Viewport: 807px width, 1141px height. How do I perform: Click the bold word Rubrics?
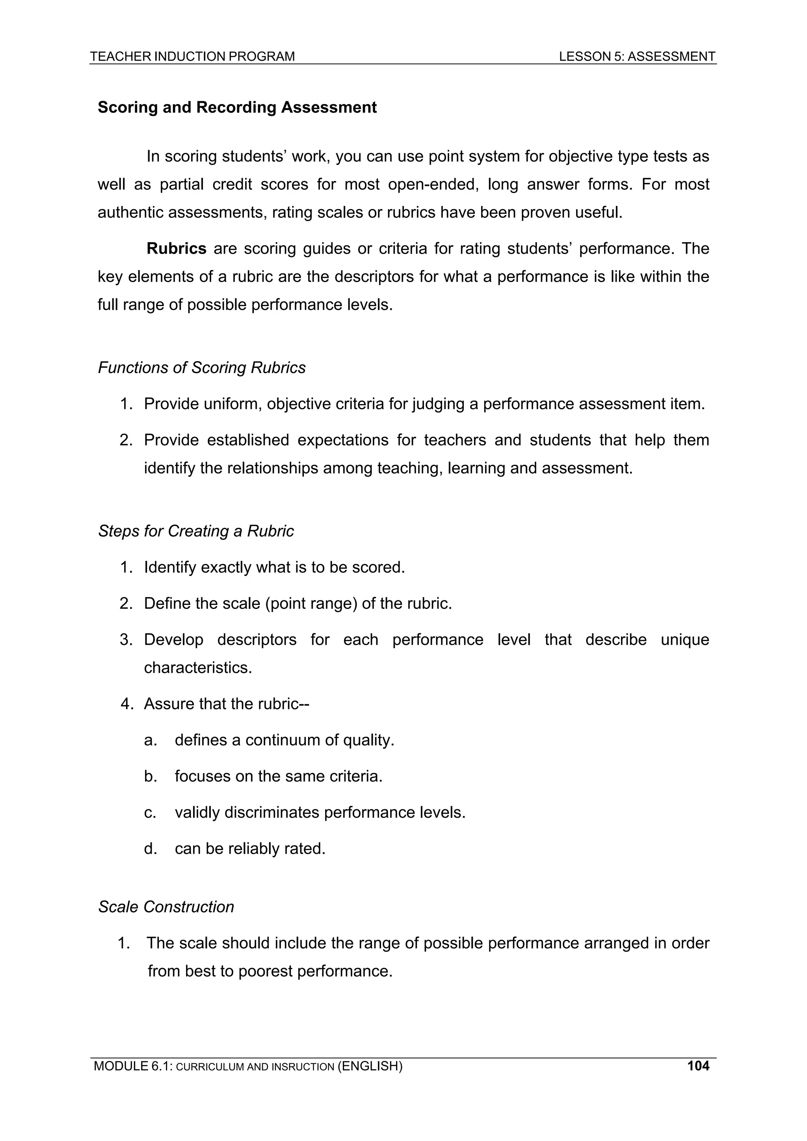tap(177, 249)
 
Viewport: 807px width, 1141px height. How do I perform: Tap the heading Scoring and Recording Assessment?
tap(237, 108)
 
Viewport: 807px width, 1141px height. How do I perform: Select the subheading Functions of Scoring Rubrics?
tap(201, 368)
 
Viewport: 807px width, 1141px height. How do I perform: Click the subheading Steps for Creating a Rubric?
tap(195, 531)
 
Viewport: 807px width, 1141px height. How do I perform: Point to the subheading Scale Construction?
tap(165, 906)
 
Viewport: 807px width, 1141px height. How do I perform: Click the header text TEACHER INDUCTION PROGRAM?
tap(192, 56)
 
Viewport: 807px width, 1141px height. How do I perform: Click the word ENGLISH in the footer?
tap(370, 1066)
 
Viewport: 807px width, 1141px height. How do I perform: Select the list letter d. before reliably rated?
tap(150, 848)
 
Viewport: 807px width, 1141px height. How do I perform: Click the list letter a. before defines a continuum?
tap(150, 740)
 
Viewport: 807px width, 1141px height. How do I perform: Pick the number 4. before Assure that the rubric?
tap(128, 704)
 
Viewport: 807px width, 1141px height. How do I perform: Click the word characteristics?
tap(198, 668)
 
